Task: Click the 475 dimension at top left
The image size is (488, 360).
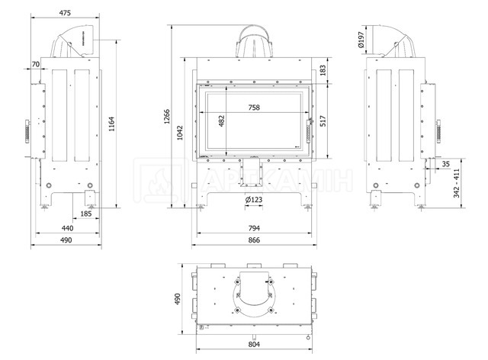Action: pyautogui.click(x=65, y=13)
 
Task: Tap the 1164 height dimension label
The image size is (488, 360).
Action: pyautogui.click(x=112, y=124)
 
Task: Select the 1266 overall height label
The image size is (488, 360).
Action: pyautogui.click(x=167, y=117)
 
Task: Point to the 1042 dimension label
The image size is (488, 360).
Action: pyautogui.click(x=180, y=133)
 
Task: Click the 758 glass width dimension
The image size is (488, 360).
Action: pyautogui.click(x=254, y=108)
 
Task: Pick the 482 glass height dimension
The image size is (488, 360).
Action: pyautogui.click(x=222, y=121)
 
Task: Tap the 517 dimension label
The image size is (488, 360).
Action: pyautogui.click(x=323, y=121)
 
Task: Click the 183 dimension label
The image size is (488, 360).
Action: pyautogui.click(x=323, y=70)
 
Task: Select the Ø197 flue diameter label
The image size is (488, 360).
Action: pyautogui.click(x=361, y=39)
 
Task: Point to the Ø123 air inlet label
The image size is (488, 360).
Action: pyautogui.click(x=254, y=200)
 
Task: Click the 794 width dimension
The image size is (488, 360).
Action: pyautogui.click(x=254, y=228)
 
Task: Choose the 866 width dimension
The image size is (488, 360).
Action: pyautogui.click(x=254, y=240)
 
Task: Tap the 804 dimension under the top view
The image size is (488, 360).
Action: pyautogui.click(x=254, y=345)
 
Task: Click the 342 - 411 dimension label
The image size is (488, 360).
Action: pyautogui.click(x=456, y=183)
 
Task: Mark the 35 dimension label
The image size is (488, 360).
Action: pyautogui.click(x=445, y=164)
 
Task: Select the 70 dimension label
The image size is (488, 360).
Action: pyautogui.click(x=36, y=64)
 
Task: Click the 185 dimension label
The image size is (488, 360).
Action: pyautogui.click(x=86, y=214)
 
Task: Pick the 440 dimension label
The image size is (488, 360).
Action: pyautogui.click(x=67, y=228)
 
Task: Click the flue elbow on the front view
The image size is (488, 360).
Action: pyautogui.click(x=254, y=41)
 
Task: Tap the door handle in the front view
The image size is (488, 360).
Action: pyautogui.click(x=310, y=130)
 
